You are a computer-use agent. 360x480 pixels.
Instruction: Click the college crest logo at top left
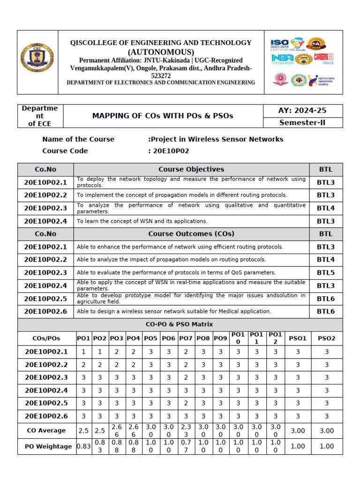(x=37, y=62)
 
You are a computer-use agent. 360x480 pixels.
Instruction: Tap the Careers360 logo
(x=323, y=58)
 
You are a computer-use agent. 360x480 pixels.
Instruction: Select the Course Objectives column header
(x=191, y=169)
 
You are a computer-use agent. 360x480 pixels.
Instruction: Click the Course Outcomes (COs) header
(x=191, y=234)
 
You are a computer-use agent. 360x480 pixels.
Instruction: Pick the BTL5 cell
(x=325, y=272)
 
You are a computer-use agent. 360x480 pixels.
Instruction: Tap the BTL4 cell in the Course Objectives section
(x=325, y=208)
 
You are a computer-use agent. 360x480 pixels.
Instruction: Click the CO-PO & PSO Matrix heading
(x=180, y=324)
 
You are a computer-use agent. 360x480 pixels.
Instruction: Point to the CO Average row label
(x=46, y=430)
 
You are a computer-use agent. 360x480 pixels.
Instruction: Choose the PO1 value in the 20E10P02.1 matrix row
(x=83, y=352)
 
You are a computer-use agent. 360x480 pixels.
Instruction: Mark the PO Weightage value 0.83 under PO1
(x=83, y=447)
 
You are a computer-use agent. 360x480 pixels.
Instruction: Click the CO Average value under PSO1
(x=298, y=430)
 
